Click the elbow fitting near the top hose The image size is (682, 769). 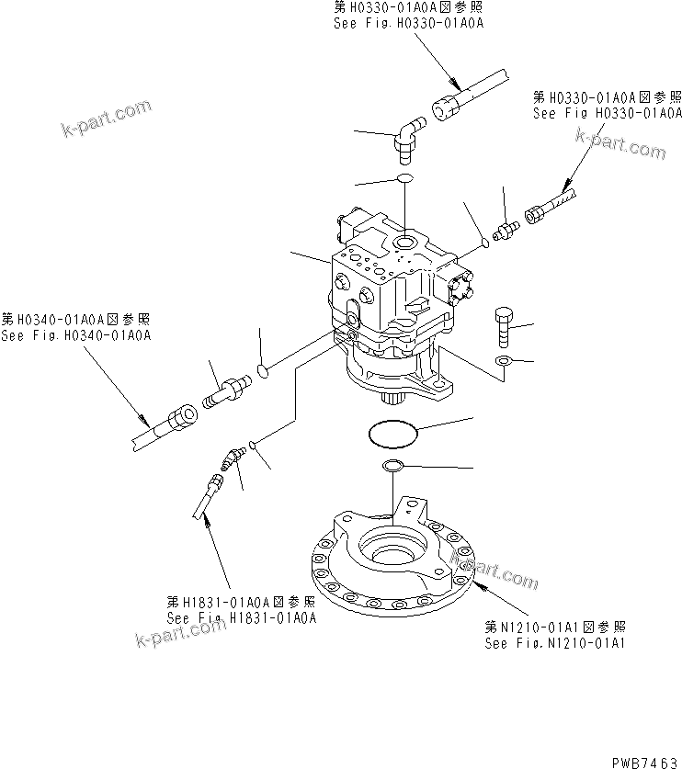(x=406, y=133)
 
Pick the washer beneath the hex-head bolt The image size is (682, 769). (x=503, y=361)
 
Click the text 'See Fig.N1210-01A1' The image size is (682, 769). (x=555, y=642)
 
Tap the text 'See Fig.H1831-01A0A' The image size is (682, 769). (x=242, y=617)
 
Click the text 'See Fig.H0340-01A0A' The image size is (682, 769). (x=75, y=335)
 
